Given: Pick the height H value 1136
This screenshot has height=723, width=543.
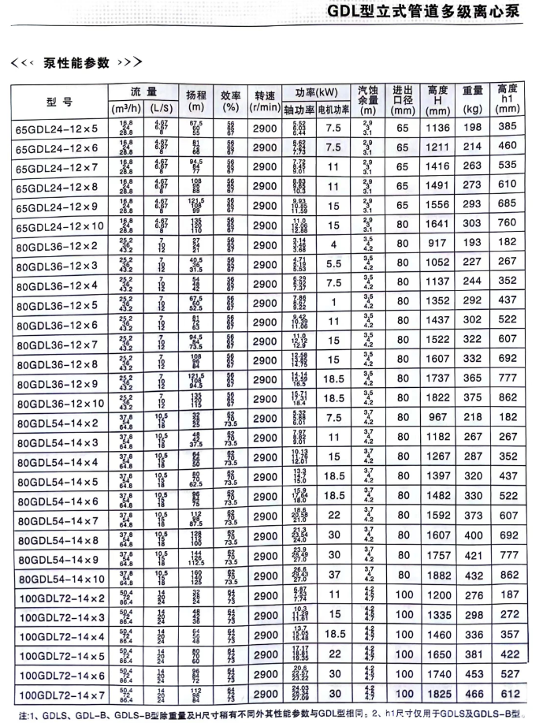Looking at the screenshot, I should click(x=437, y=127).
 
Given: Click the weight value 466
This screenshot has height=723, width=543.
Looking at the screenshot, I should click(x=472, y=693).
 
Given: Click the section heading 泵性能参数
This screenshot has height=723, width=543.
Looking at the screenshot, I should click(x=76, y=62).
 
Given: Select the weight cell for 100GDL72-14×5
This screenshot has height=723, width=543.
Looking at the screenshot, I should click(x=472, y=654).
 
